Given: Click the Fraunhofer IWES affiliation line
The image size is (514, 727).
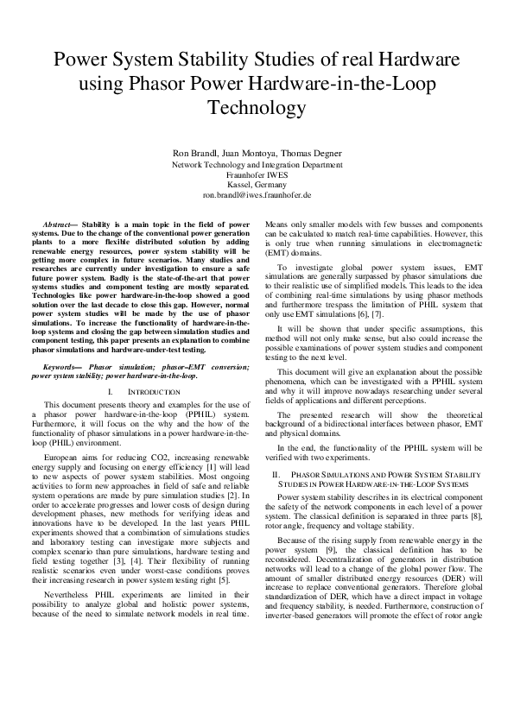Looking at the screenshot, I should click(x=257, y=174).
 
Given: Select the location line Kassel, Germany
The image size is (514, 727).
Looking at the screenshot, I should click(x=257, y=184).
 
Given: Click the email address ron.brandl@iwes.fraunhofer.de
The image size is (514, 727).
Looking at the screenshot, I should click(x=257, y=194).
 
